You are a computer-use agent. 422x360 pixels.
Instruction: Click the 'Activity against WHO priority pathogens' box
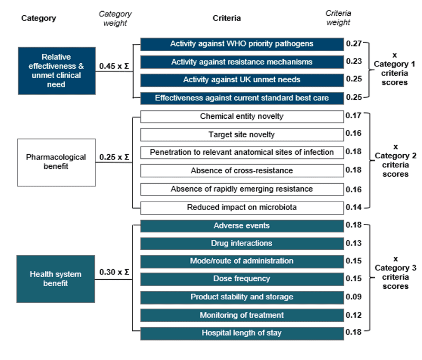242,44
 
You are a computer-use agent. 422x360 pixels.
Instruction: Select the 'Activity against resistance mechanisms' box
242,62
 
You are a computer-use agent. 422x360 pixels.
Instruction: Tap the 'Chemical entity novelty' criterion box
242,117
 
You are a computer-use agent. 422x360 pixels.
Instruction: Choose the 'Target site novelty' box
242,135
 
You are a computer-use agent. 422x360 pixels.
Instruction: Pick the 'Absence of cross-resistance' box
242,170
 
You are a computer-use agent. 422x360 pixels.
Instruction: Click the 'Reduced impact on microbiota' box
242,207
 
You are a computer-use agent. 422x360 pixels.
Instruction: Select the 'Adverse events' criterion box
242,226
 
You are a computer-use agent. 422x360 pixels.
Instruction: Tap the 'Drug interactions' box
242,243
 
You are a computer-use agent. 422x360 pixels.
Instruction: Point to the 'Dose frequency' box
242,279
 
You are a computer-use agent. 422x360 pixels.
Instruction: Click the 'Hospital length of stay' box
242,334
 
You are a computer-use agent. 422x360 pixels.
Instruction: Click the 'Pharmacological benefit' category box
56,163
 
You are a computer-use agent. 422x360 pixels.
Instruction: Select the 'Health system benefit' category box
56,279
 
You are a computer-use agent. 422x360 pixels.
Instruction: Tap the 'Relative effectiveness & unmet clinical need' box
57,71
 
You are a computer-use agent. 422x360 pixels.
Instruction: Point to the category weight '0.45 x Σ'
114,66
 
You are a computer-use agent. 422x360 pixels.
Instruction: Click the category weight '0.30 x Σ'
114,272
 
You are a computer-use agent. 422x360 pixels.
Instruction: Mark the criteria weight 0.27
353,43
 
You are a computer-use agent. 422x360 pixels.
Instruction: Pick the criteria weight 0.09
353,297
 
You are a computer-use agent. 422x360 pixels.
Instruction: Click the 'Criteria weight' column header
338,18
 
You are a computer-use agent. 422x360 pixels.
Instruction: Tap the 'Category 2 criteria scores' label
395,160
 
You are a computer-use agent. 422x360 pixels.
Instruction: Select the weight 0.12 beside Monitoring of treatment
353,315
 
